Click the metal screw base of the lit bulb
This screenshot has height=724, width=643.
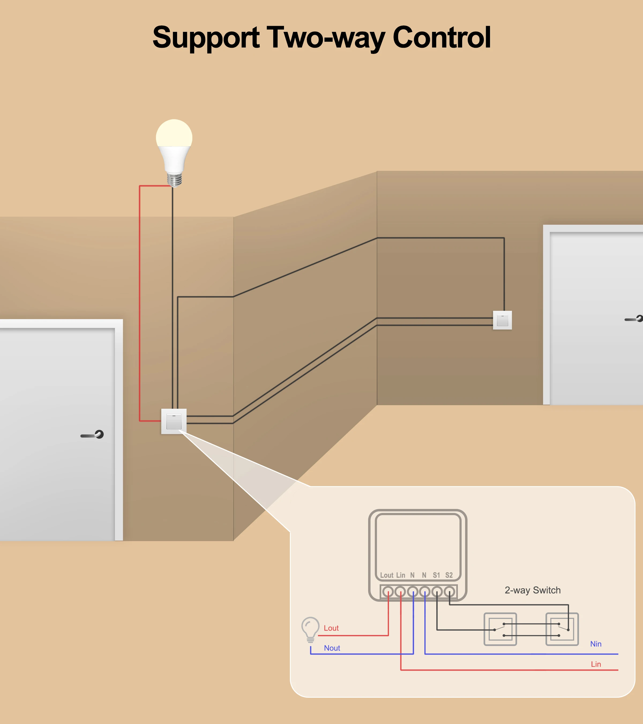click(x=174, y=179)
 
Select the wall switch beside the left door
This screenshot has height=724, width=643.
click(x=174, y=421)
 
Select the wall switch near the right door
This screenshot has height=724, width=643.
click(x=502, y=320)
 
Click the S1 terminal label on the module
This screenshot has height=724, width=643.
click(x=436, y=575)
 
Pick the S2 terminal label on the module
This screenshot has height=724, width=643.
click(x=449, y=575)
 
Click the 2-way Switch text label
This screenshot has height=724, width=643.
click(x=533, y=590)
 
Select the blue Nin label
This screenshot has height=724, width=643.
click(x=596, y=644)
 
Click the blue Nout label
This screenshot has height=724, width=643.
click(x=332, y=648)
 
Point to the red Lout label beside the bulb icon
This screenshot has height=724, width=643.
click(x=331, y=628)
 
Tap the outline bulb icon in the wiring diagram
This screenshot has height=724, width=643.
click(x=310, y=629)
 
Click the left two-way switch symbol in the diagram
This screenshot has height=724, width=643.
click(x=500, y=629)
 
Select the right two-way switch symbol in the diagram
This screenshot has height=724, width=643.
click(x=562, y=629)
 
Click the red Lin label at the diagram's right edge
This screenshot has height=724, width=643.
click(x=596, y=664)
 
